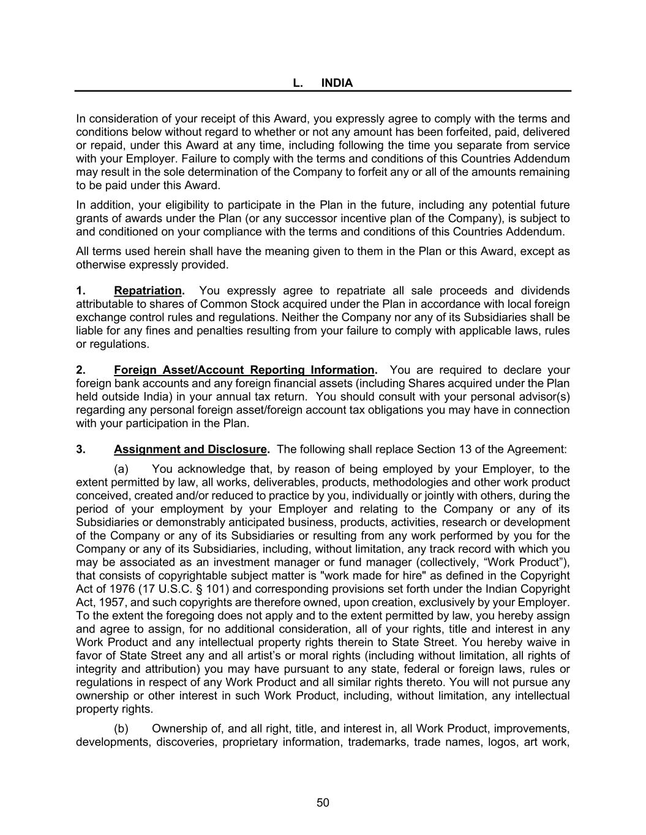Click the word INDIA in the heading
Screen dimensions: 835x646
click(337, 83)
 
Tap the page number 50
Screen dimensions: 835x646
click(323, 803)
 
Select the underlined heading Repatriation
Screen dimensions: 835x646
click(148, 291)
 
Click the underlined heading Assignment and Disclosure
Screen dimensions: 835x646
click(190, 450)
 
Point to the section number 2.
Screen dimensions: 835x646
click(80, 370)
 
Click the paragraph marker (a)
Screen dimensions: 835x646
click(121, 469)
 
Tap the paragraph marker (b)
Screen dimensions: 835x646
click(121, 729)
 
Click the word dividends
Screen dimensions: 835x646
click(545, 291)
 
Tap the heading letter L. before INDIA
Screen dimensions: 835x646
click(298, 83)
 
